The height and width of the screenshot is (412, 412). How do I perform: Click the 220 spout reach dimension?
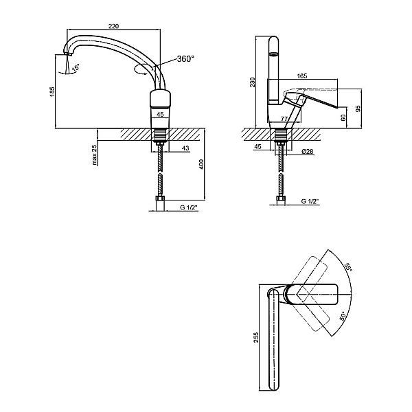pos(113,26)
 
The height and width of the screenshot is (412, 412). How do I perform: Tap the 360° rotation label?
pos(185,59)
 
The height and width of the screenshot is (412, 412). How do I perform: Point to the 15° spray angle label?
pos(76,67)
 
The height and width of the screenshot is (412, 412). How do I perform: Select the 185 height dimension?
pos(52,91)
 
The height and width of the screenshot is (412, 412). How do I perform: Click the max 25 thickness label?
pos(95,154)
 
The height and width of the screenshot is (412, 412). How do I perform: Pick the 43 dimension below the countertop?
pos(185,148)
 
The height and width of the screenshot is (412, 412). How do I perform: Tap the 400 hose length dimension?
pos(201,164)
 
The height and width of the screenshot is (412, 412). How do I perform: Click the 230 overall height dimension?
pos(253,82)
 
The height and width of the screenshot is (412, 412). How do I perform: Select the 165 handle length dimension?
pos(302,76)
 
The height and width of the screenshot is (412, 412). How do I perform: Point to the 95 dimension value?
pos(358,108)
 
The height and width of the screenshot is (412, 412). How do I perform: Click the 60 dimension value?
pos(343,117)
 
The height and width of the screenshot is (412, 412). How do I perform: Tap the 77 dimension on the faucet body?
pos(284,119)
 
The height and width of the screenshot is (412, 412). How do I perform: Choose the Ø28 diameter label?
pos(308,151)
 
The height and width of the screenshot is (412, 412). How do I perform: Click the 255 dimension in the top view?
pos(256,337)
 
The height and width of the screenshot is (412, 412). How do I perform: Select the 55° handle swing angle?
pos(348,268)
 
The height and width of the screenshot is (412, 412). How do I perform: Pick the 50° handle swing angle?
pos(343,316)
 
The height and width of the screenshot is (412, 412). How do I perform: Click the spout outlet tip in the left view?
pos(68,54)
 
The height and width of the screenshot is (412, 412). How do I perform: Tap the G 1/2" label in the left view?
pos(189,207)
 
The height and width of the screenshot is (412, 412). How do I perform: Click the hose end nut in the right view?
pos(281,200)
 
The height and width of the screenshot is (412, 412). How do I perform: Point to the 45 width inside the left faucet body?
pos(160,114)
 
